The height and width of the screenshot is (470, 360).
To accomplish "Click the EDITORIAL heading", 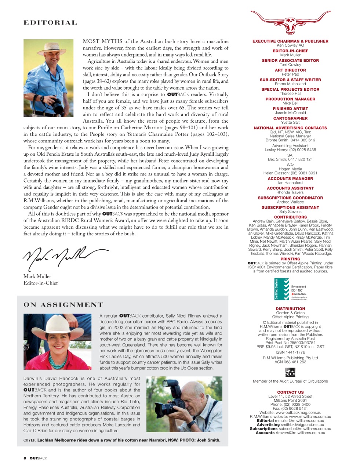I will (x=50, y=23).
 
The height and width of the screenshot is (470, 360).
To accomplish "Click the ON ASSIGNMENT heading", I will (x=63, y=305).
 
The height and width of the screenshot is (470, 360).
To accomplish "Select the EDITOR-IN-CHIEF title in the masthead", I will (x=290, y=51).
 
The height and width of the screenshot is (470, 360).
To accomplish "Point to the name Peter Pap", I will (x=290, y=74).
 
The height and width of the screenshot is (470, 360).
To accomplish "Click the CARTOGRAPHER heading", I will (x=290, y=118).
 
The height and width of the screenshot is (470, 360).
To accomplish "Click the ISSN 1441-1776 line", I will (x=290, y=352).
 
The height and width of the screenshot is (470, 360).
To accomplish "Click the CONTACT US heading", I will (x=290, y=392).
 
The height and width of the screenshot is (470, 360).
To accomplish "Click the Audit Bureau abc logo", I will (x=290, y=372).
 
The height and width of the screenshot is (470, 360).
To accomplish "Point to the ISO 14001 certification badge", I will (x=290, y=290).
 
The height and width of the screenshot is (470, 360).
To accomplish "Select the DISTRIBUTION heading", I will (x=290, y=309).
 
